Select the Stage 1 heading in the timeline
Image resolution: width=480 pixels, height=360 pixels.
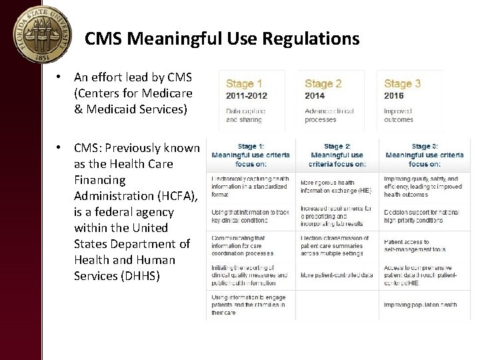click(244, 84)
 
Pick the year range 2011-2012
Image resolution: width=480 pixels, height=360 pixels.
click(247, 96)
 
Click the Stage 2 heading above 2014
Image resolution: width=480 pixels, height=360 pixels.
click(323, 84)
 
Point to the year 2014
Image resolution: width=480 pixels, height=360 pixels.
click(315, 96)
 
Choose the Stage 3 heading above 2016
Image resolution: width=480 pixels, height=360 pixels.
click(403, 84)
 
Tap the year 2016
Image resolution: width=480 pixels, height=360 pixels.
click(393, 96)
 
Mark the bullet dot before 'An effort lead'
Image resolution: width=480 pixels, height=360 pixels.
click(59, 77)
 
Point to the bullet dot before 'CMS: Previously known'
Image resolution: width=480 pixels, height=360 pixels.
click(59, 148)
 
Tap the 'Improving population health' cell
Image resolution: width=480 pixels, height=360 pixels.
click(420, 305)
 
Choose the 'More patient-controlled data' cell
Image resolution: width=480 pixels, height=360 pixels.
click(337, 275)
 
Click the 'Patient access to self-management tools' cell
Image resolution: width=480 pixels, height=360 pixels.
click(415, 245)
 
